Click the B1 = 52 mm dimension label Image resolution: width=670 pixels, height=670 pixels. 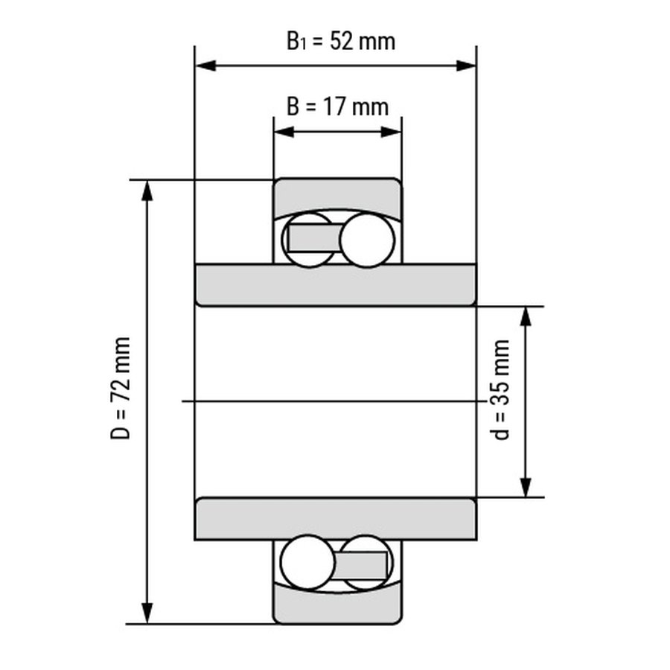[x=340, y=42]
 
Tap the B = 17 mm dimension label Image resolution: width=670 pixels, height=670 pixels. [x=337, y=106]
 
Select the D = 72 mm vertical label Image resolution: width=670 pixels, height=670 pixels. [x=120, y=388]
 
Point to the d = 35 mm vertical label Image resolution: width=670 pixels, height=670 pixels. [x=500, y=389]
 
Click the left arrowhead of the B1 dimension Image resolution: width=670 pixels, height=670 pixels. [x=205, y=66]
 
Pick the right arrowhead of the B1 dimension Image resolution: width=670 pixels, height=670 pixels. [x=466, y=66]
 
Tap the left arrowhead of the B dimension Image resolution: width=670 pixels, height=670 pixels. [x=284, y=132]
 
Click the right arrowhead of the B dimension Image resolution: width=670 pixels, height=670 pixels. [x=391, y=132]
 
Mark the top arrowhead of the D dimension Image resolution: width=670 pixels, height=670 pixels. [x=147, y=191]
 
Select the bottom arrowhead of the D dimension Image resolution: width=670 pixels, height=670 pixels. [x=147, y=613]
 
